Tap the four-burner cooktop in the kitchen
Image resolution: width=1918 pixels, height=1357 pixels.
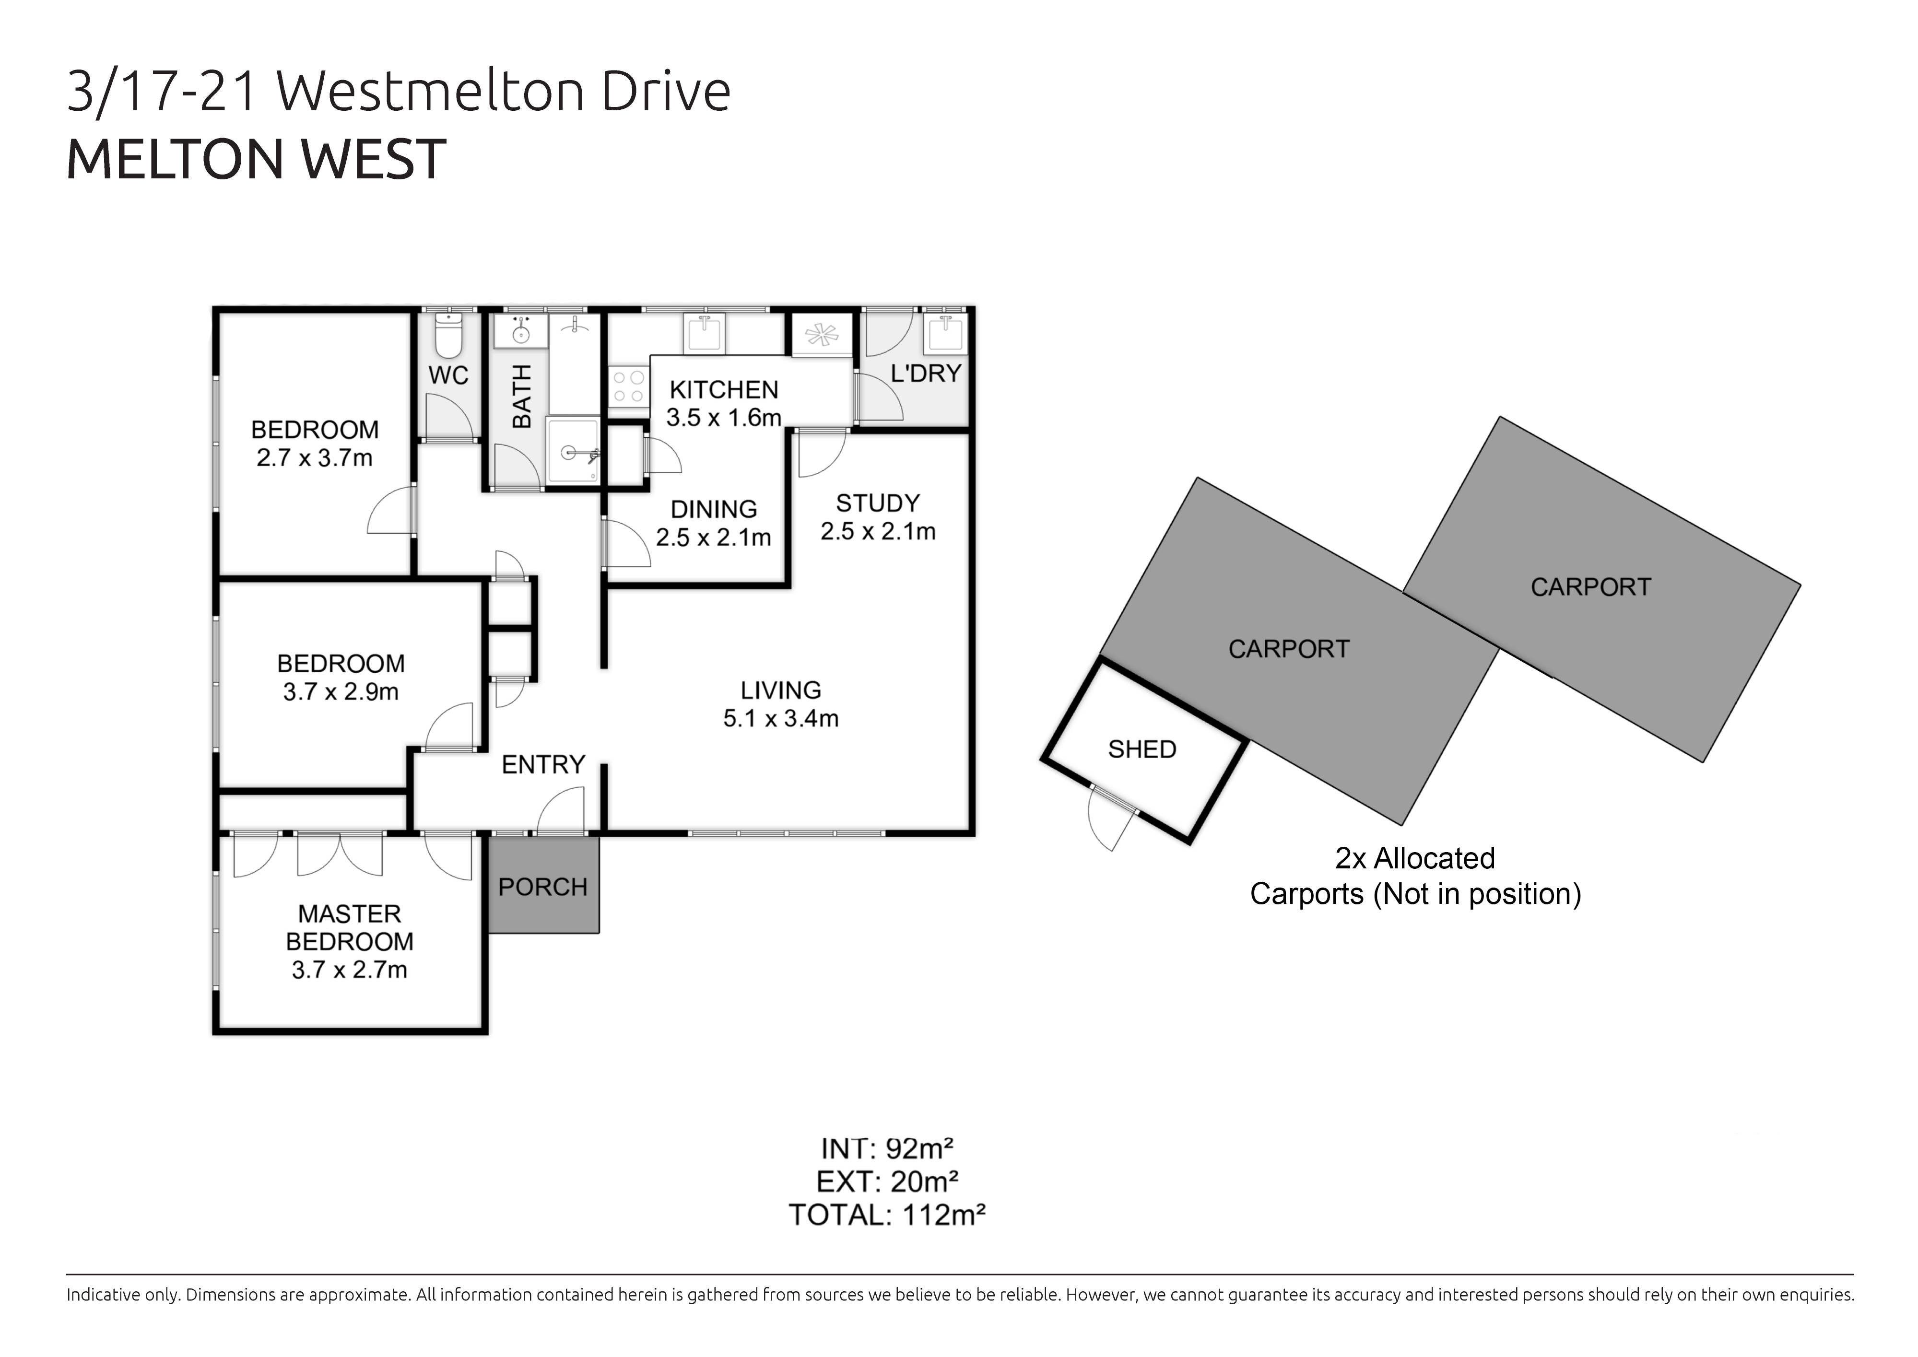point(628,387)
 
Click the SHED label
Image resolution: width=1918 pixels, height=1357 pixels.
point(1141,749)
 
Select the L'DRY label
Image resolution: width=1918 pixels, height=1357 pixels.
point(925,374)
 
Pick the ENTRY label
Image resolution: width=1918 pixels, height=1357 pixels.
point(543,764)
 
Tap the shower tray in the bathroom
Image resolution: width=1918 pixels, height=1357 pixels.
point(573,450)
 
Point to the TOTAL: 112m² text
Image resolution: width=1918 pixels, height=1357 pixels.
point(887,1215)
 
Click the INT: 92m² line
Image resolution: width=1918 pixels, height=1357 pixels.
point(887,1149)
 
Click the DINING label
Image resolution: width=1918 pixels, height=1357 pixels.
point(714,509)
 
